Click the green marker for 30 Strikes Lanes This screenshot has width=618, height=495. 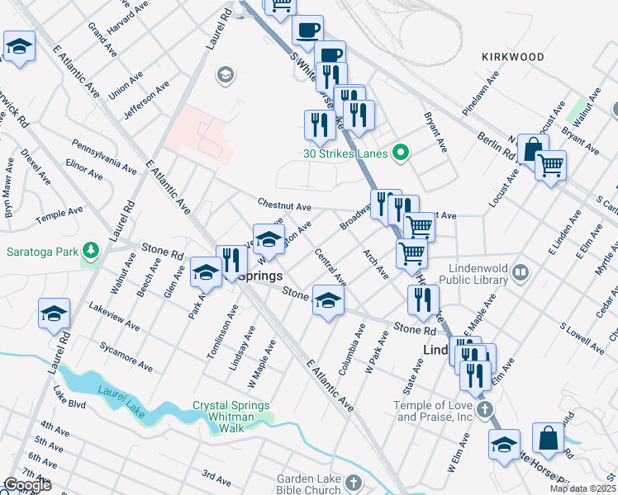point(401,152)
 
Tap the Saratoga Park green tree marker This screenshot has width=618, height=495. point(91,251)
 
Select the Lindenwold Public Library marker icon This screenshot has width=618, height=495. point(520,271)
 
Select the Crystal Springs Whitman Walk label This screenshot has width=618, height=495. point(231,412)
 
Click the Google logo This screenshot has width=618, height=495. point(26,485)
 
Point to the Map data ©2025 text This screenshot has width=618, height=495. point(582,488)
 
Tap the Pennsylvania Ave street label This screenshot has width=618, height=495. point(104,155)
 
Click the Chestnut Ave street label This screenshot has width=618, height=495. point(283,205)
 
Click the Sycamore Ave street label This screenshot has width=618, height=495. point(126,355)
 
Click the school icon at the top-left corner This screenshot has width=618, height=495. point(19,48)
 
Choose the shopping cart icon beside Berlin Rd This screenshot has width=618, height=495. point(551,164)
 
